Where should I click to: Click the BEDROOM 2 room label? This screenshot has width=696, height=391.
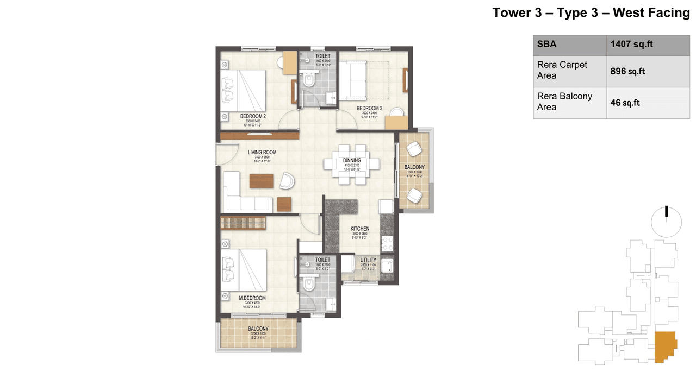[x=253, y=116]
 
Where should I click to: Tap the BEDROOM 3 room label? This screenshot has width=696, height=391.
[x=370, y=109]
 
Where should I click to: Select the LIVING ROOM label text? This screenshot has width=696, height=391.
[x=262, y=153]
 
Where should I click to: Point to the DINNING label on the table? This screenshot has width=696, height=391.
[x=352, y=160]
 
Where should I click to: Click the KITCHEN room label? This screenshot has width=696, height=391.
[x=359, y=229]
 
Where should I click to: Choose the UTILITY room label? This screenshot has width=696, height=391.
[x=368, y=261]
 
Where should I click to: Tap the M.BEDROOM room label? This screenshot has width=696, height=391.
[x=252, y=298]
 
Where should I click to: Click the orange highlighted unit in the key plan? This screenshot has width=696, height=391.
[x=664, y=346]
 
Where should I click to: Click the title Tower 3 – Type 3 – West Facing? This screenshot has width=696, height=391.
[x=591, y=13]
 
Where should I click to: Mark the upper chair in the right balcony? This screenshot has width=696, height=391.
[x=415, y=149]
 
